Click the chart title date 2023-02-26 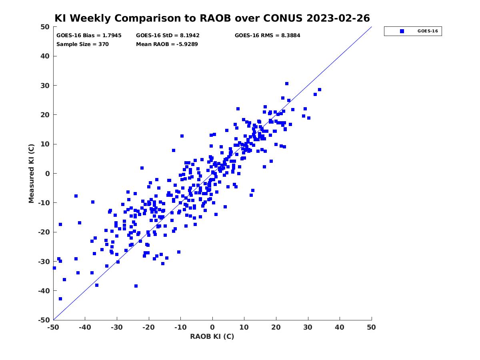(x=338, y=18)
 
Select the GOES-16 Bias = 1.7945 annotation (x=89, y=36)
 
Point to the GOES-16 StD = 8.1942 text (x=168, y=36)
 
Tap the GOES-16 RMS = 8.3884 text (x=268, y=36)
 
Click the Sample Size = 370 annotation (x=82, y=44)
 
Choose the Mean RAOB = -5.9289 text (x=167, y=44)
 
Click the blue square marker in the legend (x=402, y=31)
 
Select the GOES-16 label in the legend (x=428, y=31)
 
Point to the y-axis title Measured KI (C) (x=31, y=173)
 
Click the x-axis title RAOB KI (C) (x=212, y=336)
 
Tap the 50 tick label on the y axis (x=45, y=27)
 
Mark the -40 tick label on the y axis (x=44, y=291)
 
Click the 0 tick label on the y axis (x=48, y=174)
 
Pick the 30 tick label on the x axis (x=308, y=327)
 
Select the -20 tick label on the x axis (x=149, y=327)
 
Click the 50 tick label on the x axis (x=371, y=327)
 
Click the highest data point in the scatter (x=287, y=84)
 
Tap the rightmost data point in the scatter (x=320, y=90)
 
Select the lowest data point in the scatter (x=60, y=299)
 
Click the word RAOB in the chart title (x=215, y=18)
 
